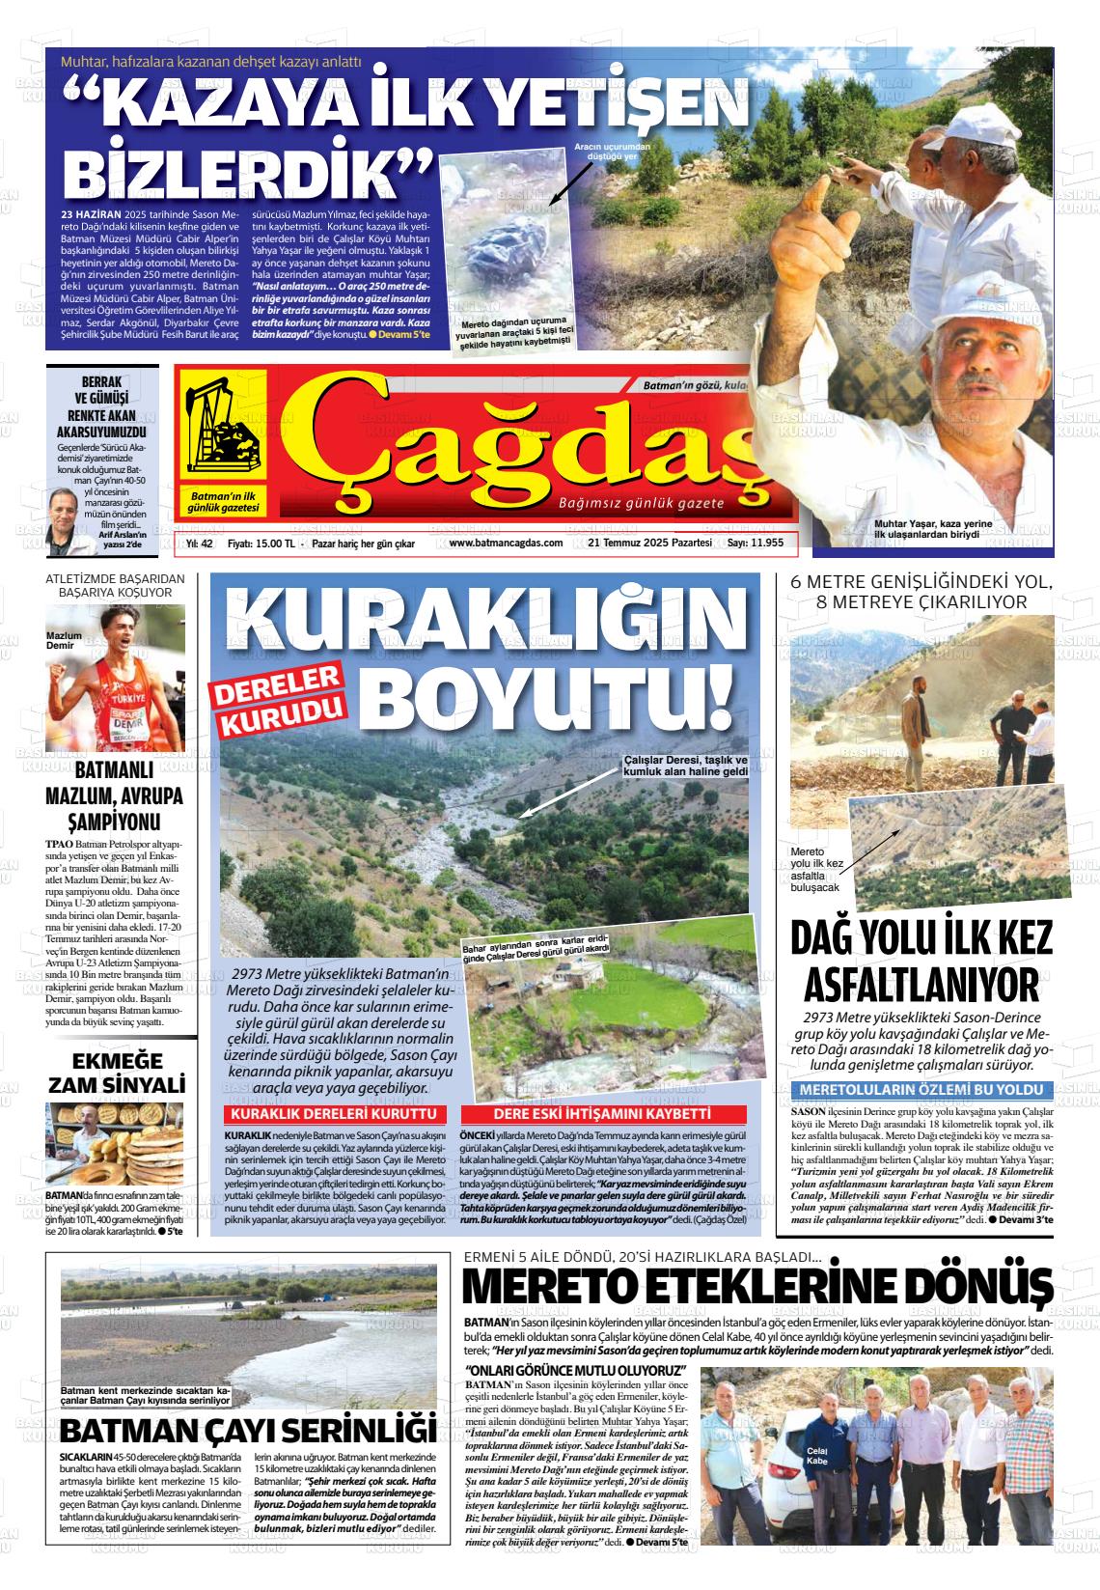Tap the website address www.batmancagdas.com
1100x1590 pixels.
(506, 543)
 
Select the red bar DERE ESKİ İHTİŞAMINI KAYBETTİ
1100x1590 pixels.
(602, 1114)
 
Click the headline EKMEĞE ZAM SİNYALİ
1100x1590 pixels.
(116, 1070)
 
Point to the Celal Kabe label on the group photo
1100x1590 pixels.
(816, 1456)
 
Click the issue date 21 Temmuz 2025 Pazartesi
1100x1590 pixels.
(649, 543)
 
